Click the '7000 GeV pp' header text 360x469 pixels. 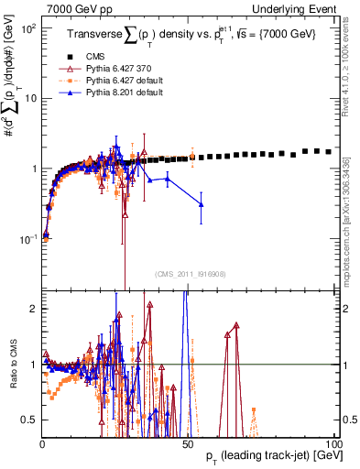[x=73, y=7]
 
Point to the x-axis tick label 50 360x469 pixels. [x=187, y=442]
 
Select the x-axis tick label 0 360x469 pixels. [x=42, y=442]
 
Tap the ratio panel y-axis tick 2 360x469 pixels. [x=35, y=309]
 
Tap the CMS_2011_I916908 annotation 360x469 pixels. [x=191, y=274]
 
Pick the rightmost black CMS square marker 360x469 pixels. [x=329, y=151]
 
